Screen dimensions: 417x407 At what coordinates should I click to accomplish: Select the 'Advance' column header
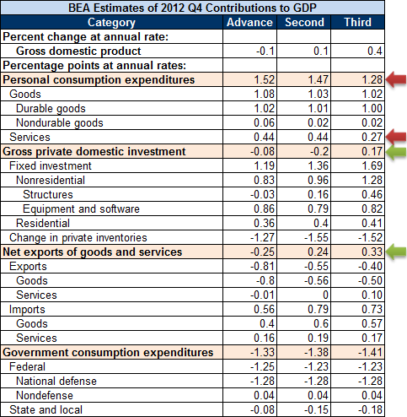[x=250, y=22]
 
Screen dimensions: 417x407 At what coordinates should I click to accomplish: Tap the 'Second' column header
[x=305, y=22]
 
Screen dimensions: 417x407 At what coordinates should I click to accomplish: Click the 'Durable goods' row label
[x=50, y=108]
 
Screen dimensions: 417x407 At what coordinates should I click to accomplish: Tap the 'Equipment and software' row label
[x=82, y=208]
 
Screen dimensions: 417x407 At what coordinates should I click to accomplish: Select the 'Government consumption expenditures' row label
[x=108, y=352]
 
